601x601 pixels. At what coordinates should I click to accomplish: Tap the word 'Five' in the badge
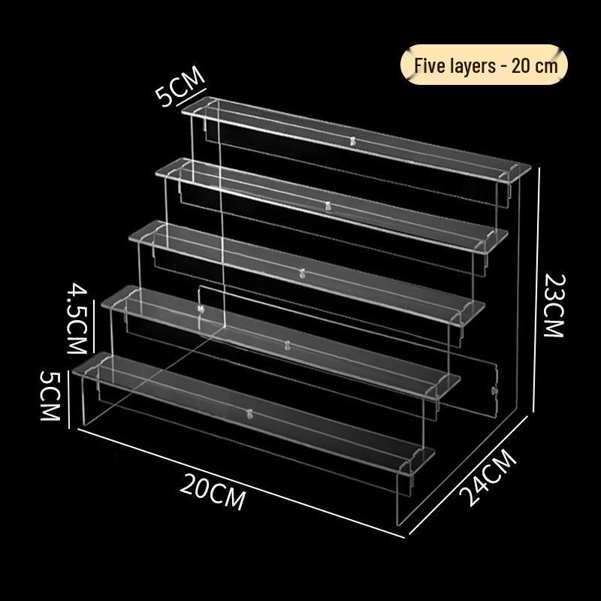tap(430, 65)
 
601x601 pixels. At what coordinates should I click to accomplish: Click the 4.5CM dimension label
tap(78, 319)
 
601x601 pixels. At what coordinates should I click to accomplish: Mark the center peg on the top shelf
tap(353, 140)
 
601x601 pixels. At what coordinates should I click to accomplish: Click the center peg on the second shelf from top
tap(328, 204)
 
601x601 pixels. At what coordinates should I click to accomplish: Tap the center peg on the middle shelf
tap(301, 273)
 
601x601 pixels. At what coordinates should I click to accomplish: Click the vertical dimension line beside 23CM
tap(534, 300)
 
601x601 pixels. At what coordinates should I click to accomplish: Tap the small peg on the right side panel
tap(494, 391)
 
